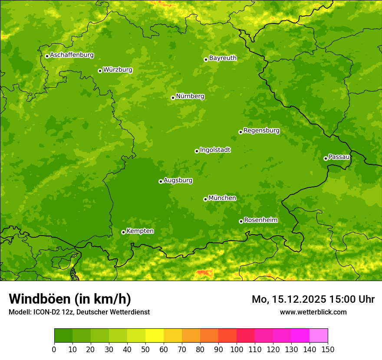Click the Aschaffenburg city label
pos(72,55)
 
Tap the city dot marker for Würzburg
pos(100,71)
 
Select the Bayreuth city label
pos(223,58)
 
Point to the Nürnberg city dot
pos(173,98)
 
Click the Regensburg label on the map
pos(261,130)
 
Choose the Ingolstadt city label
pos(215,150)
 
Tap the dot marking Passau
pos(326,158)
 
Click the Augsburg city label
pos(178,180)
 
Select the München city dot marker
pos(205,199)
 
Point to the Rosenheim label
pos(260,220)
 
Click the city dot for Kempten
pos(123,232)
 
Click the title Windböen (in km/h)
pos(70,299)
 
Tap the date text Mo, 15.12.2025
pos(288,299)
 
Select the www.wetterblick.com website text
pos(313,312)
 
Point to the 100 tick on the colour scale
pos(237,349)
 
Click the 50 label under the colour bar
pos(145,349)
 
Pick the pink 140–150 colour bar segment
pos(319,336)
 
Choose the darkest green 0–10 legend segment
pos(63,336)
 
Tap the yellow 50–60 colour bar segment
pos(155,336)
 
